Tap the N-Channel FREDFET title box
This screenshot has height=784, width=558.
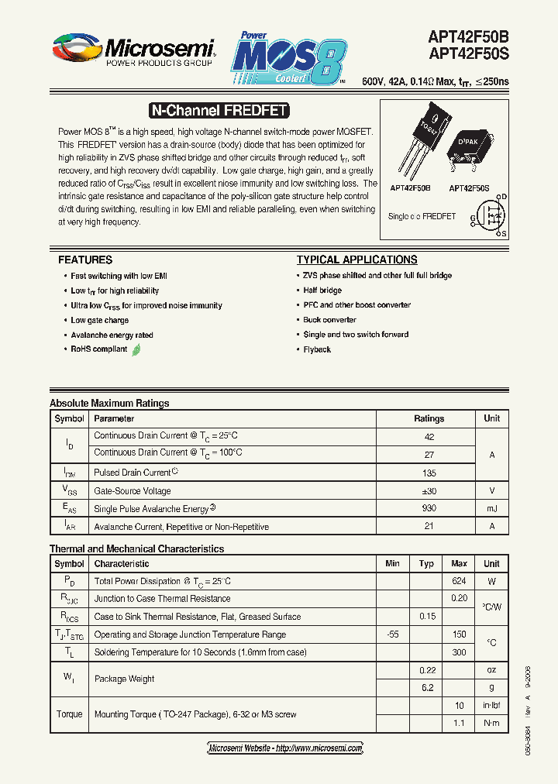218,111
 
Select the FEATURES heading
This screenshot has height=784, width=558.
85,260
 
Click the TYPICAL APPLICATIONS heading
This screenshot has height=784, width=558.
356,260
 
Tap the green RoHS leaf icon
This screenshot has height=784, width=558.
136,349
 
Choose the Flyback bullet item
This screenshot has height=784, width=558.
317,350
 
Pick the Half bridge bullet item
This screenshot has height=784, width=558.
322,291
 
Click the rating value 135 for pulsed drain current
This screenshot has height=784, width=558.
429,473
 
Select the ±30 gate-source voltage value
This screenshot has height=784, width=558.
429,490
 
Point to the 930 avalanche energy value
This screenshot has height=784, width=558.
429,508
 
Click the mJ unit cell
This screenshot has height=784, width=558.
491,508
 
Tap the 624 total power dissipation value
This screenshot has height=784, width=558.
459,581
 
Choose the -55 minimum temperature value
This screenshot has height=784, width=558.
392,634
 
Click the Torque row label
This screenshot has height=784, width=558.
69,714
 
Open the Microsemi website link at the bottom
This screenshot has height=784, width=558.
286,748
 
